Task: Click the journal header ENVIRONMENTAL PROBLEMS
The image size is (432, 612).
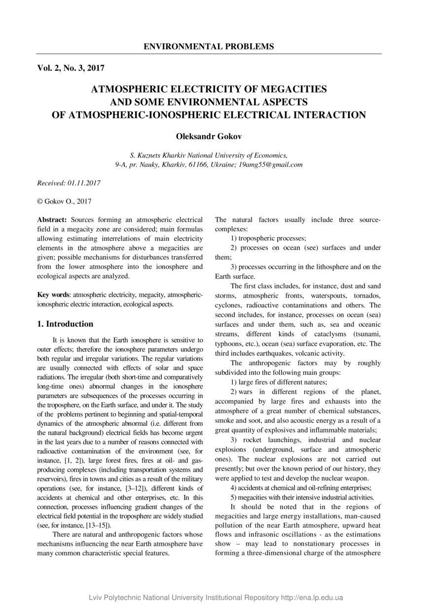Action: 209,47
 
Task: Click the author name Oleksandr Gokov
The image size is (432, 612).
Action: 209,135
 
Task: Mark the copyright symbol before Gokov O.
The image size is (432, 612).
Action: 40,201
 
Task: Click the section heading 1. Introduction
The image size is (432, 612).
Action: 65,324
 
